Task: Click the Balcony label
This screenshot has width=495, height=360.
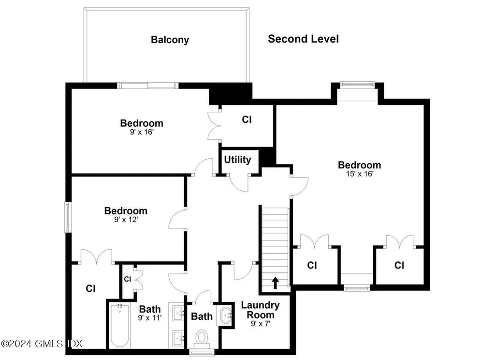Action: [x=170, y=40]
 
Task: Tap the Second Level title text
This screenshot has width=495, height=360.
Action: [x=303, y=39]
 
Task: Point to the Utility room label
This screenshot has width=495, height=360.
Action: [x=237, y=160]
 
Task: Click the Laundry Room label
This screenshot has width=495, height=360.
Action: [x=260, y=310]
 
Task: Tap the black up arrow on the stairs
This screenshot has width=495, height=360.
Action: [x=275, y=282]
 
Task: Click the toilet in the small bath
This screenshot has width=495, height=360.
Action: [x=202, y=337]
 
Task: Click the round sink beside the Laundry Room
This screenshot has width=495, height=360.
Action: [x=226, y=316]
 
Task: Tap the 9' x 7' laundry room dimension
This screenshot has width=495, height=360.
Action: [x=260, y=323]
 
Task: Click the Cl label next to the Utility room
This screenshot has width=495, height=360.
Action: [x=247, y=119]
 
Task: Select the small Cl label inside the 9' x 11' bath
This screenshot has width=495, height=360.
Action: [x=128, y=279]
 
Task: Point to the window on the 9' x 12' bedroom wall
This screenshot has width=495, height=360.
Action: [x=68, y=217]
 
